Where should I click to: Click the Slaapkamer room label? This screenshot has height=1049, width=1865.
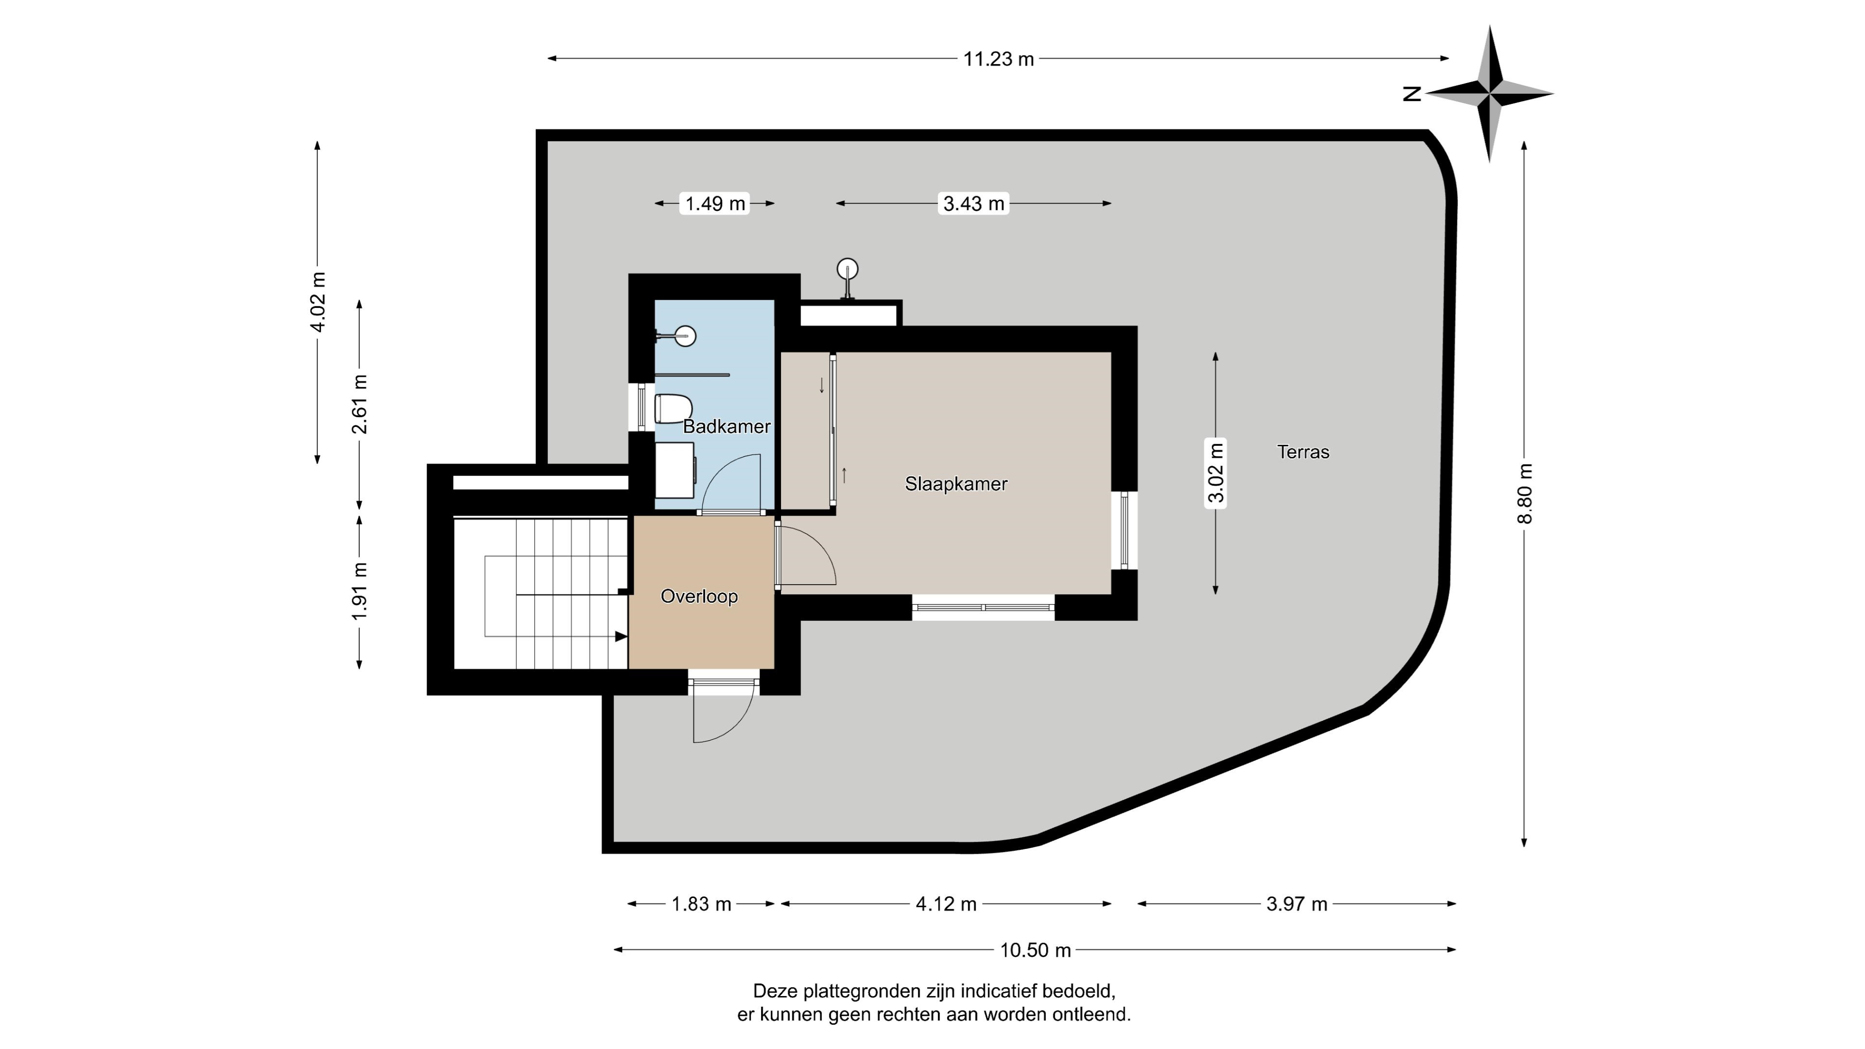pyautogui.click(x=956, y=484)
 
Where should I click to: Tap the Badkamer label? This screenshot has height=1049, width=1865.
pyautogui.click(x=726, y=426)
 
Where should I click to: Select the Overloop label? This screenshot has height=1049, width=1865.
pyautogui.click(x=699, y=596)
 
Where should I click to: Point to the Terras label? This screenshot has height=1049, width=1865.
pyautogui.click(x=1303, y=452)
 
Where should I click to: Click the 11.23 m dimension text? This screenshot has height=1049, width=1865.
pyautogui.click(x=999, y=59)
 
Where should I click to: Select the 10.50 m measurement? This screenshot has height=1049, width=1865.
pyautogui.click(x=1035, y=950)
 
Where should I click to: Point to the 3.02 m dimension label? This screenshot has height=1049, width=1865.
pyautogui.click(x=1216, y=472)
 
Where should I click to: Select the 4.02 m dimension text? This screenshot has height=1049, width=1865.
pyautogui.click(x=317, y=301)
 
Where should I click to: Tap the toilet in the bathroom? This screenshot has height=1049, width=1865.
pyautogui.click(x=673, y=409)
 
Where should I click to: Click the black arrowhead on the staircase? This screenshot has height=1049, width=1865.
pyautogui.click(x=621, y=636)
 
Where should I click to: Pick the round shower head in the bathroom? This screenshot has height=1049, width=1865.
pyautogui.click(x=685, y=336)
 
